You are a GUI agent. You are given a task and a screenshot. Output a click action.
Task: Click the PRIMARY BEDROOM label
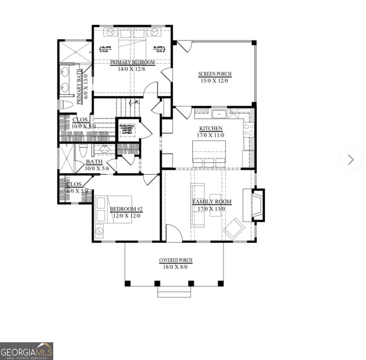[132, 62]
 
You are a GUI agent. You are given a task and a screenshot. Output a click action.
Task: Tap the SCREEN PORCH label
[215, 74]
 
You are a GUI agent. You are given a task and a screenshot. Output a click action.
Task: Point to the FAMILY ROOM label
[211, 202]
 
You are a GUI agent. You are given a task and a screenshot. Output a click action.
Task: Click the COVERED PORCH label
[175, 260]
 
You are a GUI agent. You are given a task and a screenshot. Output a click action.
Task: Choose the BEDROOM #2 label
[126, 209]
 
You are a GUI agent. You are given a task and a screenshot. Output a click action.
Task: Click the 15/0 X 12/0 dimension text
[215, 80]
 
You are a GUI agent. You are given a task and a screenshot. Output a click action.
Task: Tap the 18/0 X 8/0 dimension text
[175, 267]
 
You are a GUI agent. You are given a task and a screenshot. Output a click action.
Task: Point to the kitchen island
[209, 154]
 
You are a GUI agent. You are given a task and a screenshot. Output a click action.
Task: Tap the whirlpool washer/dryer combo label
[126, 130]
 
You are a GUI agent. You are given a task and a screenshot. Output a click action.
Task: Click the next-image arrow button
[351, 160]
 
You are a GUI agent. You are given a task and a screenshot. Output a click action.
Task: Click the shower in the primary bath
[76, 52]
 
